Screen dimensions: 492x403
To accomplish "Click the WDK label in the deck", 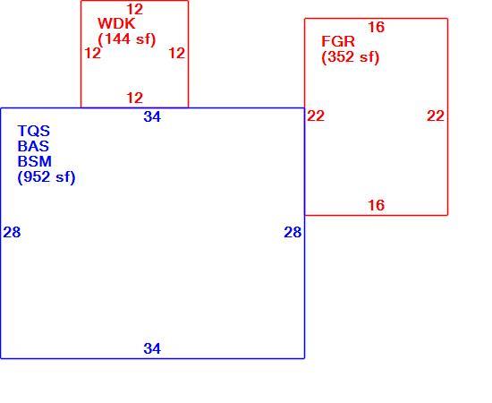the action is (x=116, y=24).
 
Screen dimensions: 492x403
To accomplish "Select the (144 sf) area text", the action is (x=127, y=39).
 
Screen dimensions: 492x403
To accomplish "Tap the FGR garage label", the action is (x=338, y=41).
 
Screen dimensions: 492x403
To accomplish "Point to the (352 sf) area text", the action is (x=351, y=57).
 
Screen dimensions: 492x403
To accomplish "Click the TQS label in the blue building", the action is (x=34, y=131).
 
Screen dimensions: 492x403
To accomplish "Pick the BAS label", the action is (x=33, y=146).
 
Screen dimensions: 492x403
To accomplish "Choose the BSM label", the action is (x=35, y=161).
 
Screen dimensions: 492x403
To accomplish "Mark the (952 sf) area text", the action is (x=47, y=177).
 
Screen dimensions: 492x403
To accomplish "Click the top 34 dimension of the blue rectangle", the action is (x=152, y=116).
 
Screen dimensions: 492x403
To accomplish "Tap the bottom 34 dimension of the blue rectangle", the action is (x=152, y=348).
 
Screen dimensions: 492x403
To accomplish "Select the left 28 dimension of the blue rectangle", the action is (x=12, y=233).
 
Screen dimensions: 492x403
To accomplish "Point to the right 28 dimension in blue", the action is (x=293, y=233).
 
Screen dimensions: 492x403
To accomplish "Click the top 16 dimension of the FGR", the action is (x=377, y=28).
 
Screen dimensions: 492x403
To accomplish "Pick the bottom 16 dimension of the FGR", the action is (x=377, y=205).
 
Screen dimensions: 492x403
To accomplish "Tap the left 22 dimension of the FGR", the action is (x=316, y=116).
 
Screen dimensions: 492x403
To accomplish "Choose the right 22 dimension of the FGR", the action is (x=436, y=116).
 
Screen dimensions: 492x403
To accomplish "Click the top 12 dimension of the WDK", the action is (x=135, y=10).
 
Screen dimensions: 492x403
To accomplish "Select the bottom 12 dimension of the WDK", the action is (x=135, y=98).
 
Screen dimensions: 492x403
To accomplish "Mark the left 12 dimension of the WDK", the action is (x=93, y=54).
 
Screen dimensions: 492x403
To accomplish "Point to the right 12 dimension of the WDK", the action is (x=177, y=54).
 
